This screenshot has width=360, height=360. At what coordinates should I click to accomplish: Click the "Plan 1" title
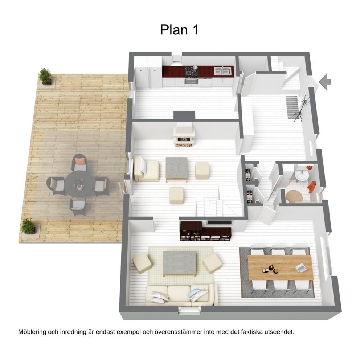(179, 30)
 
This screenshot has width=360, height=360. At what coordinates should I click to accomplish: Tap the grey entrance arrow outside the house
(325, 82)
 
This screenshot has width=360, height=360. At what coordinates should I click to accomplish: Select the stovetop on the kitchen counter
(192, 71)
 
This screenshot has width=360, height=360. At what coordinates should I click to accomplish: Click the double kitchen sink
(222, 71)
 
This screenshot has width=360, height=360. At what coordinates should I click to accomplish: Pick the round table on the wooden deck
(78, 184)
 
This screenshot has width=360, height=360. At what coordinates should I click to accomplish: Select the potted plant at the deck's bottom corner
(29, 226)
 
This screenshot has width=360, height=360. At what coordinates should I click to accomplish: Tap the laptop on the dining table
(301, 268)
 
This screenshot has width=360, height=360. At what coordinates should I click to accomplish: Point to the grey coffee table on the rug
(180, 264)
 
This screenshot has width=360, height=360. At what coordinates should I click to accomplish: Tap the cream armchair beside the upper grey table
(146, 169)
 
